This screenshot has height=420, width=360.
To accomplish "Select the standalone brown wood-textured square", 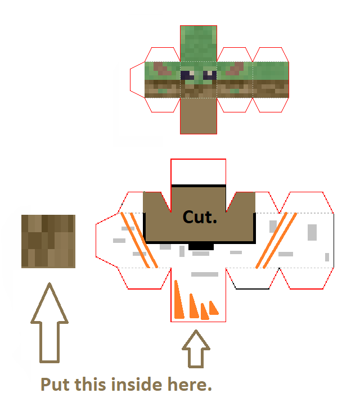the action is tap(48, 241).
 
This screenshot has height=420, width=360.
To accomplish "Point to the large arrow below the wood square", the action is tap(49, 323).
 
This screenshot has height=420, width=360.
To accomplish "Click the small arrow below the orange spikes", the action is tap(196, 349).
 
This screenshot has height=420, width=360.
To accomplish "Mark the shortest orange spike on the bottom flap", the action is tap(213, 308).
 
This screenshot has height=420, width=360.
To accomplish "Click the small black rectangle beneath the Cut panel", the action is tap(201, 246).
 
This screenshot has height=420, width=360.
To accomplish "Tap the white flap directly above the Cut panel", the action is tap(199, 171).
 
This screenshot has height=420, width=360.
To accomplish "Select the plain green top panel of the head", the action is tap(199, 43).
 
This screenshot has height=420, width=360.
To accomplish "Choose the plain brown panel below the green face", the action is tap(199, 115).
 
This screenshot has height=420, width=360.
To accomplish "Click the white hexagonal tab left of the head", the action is tap(137, 79).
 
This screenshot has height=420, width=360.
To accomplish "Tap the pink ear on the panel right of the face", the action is tap(235, 69).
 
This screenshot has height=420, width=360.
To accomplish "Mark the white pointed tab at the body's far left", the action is tap(107, 241).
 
